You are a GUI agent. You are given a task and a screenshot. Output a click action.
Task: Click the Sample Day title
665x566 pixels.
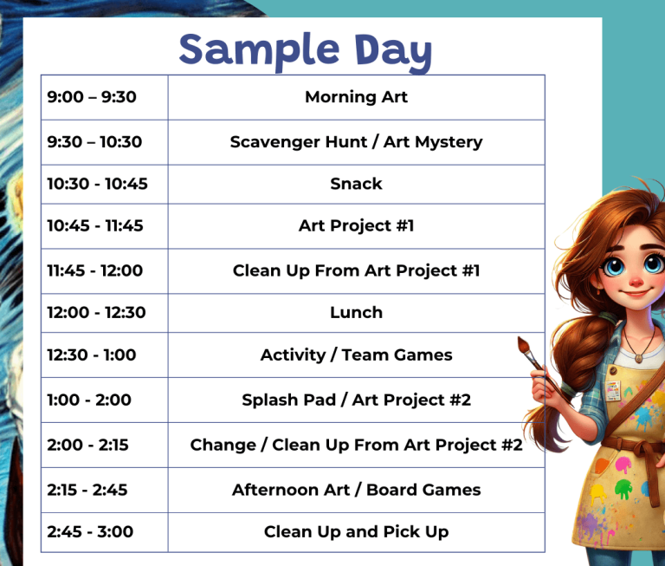point(306,51)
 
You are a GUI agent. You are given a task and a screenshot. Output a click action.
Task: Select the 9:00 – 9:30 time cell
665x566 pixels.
point(104,97)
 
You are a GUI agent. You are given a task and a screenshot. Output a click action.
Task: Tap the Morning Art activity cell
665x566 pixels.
point(356,97)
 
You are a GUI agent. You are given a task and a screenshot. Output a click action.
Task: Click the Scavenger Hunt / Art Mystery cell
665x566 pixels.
point(356,142)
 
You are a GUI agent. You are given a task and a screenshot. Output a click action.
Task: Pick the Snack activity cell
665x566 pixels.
point(356,185)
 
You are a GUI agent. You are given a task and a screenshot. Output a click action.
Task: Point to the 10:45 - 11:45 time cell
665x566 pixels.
point(104,226)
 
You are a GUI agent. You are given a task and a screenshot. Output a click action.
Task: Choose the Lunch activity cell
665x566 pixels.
point(356,313)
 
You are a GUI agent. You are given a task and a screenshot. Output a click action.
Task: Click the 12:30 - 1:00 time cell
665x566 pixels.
point(104,355)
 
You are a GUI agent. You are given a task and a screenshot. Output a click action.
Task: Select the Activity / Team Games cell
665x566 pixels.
point(356,355)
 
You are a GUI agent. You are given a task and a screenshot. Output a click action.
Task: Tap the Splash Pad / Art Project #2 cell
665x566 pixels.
point(356,400)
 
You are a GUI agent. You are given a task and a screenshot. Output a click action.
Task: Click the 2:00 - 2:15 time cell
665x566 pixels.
point(104,445)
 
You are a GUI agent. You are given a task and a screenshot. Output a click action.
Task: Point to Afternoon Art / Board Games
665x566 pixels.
point(356,490)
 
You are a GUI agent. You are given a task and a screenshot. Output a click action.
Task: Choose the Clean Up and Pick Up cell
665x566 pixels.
point(356,532)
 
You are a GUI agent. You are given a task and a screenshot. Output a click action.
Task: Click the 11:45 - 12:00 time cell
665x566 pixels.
point(104,271)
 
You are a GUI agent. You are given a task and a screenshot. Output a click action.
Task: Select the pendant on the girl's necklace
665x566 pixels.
point(638,358)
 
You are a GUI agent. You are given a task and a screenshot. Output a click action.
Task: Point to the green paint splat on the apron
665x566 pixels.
point(623,488)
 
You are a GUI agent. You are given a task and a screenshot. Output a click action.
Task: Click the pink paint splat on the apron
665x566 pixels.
point(623,465)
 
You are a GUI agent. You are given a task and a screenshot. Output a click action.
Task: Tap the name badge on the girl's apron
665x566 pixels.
point(612,391)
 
